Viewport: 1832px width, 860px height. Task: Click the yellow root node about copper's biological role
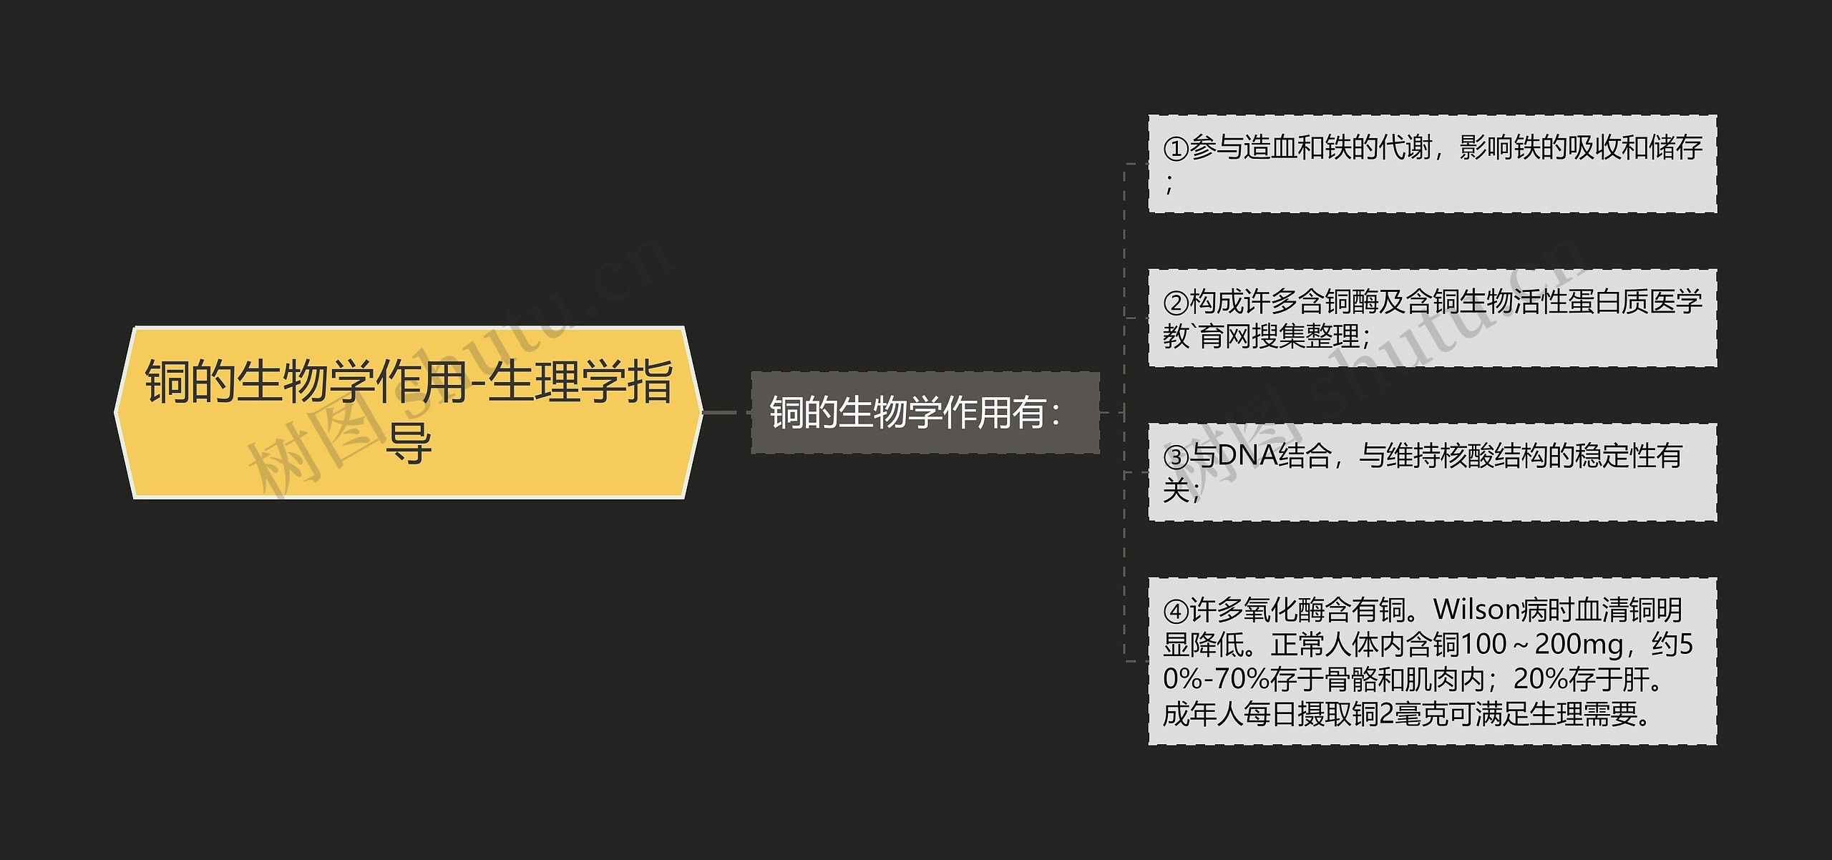pyautogui.click(x=408, y=412)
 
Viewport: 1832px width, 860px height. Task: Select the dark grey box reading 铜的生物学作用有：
pyautogui.click(x=925, y=413)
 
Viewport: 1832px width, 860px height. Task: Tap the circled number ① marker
pyautogui.click(x=1176, y=149)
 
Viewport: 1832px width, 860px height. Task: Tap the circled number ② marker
pyautogui.click(x=1176, y=303)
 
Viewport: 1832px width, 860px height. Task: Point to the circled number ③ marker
pyautogui.click(x=1176, y=456)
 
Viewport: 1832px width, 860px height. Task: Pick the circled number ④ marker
pyautogui.click(x=1176, y=611)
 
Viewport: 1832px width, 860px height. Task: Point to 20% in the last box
pyautogui.click(x=1539, y=679)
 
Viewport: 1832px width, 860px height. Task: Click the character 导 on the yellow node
pyautogui.click(x=409, y=444)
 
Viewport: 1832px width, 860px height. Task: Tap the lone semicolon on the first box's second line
pyautogui.click(x=1169, y=185)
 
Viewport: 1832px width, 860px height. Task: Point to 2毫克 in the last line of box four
pyautogui.click(x=1405, y=714)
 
